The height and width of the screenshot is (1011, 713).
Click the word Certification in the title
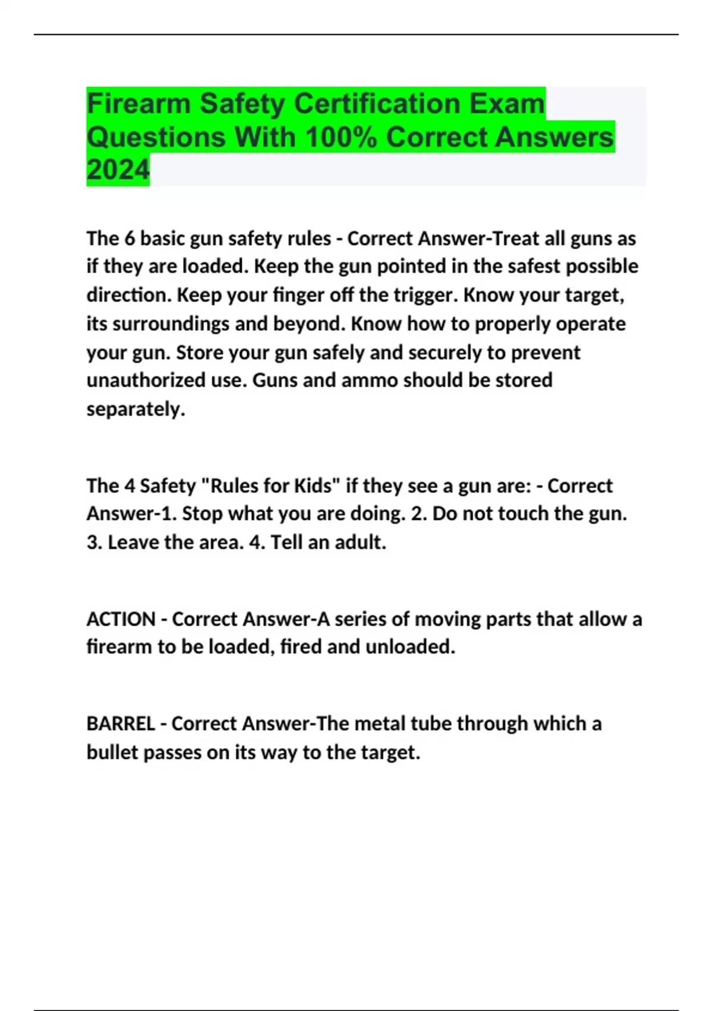pos(378,104)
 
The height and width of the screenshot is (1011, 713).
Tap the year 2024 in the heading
pos(118,170)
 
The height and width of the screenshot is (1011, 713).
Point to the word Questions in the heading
pos(156,137)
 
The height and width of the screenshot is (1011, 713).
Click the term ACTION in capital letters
pos(121,619)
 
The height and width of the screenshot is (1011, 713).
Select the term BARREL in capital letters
pos(121,724)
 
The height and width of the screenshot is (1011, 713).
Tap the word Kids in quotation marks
pos(313,486)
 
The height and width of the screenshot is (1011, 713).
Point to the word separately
pos(135,409)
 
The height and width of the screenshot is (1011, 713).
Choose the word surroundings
pos(171,324)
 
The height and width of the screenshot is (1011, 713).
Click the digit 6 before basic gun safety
pos(130,238)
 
